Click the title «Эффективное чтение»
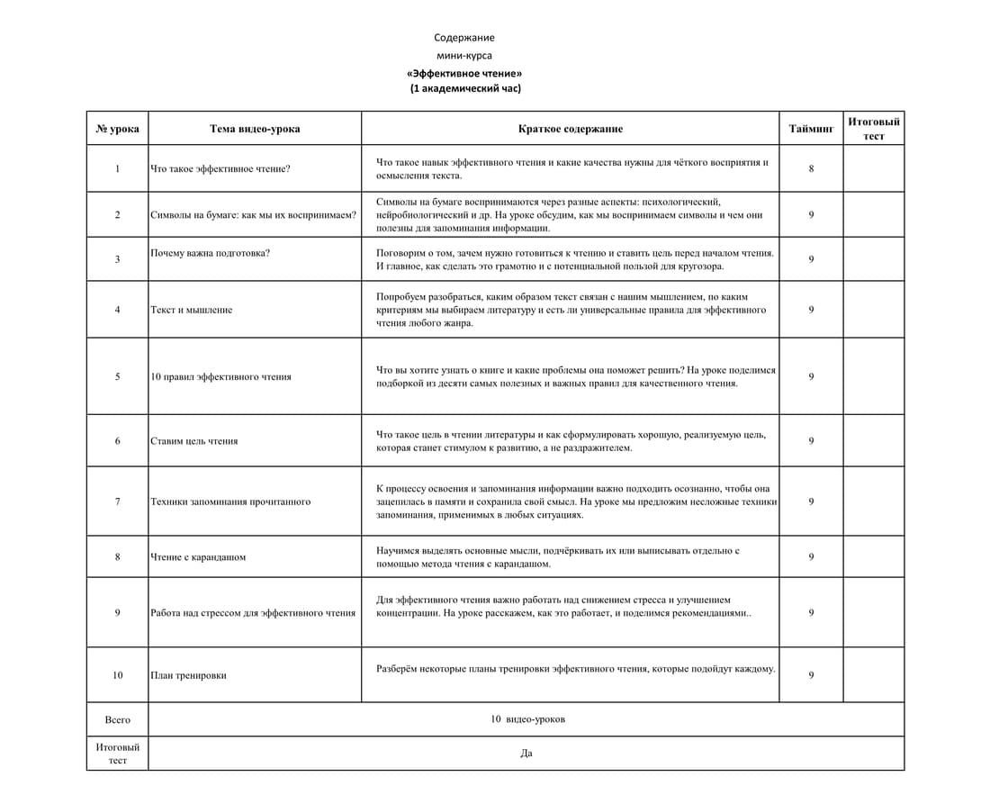coord(464,72)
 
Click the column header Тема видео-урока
coord(255,129)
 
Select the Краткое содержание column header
coord(570,129)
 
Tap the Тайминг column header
coord(811,129)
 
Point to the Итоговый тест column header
coord(873,129)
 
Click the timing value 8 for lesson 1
coord(811,168)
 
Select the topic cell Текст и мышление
coord(191,310)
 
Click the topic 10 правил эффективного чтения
coord(220,376)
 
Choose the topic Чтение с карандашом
coord(198,556)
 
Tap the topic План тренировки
coord(188,675)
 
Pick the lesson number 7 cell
coord(117,501)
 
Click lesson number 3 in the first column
coord(117,259)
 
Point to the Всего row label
coord(117,719)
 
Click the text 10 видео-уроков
coord(527,719)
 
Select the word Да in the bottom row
coord(526,754)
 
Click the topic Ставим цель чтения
coord(193,441)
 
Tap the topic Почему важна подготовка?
coord(210,253)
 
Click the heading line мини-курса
coord(463,55)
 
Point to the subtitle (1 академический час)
coord(465,88)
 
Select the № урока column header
coord(117,129)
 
